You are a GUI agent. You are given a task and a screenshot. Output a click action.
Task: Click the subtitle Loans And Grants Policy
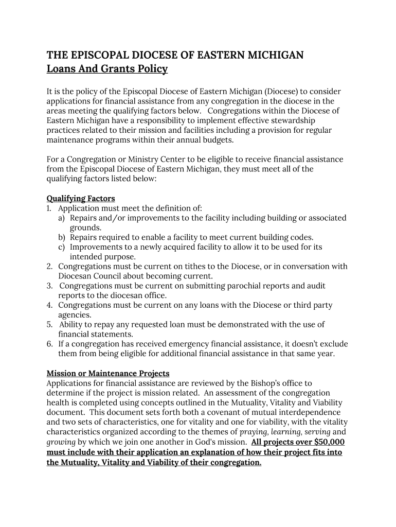coord(107,69)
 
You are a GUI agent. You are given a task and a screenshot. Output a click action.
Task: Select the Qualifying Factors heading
coord(81,198)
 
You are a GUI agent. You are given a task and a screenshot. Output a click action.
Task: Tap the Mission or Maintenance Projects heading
coord(108,373)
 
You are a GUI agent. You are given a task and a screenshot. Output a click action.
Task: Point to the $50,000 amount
coord(329,442)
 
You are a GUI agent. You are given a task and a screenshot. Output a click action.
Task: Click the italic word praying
coord(255,432)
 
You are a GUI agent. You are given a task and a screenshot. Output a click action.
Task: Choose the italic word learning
coord(285,432)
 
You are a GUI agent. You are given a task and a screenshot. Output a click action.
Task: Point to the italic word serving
coord(317,432)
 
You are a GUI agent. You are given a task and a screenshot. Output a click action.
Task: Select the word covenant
coord(243,412)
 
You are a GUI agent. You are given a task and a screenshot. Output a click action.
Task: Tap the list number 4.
coord(49,305)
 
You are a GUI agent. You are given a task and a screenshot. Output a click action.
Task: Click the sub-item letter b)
coord(62,237)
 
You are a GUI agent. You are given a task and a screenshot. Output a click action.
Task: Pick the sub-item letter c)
coord(61,247)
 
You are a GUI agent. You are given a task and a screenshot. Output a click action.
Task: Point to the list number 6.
coord(49,344)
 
